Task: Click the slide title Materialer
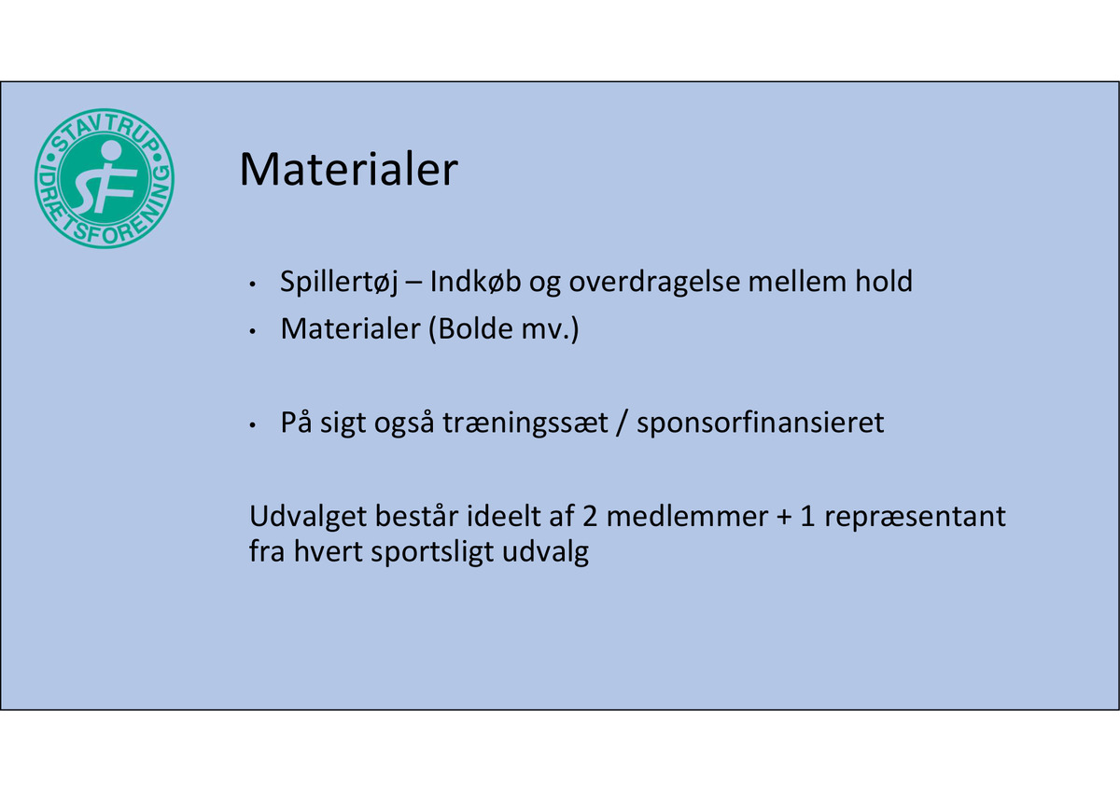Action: (x=348, y=169)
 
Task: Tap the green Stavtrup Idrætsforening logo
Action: (x=105, y=178)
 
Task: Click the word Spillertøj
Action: (x=339, y=283)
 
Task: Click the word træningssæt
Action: (x=525, y=424)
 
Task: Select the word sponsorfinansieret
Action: (x=760, y=424)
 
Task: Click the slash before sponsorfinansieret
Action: (x=622, y=424)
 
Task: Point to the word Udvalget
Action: (x=308, y=517)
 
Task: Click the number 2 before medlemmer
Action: (x=590, y=517)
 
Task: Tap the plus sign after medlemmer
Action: (x=784, y=518)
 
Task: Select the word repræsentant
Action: (x=915, y=518)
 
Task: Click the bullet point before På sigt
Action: (x=253, y=426)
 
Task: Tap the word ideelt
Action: (x=504, y=516)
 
